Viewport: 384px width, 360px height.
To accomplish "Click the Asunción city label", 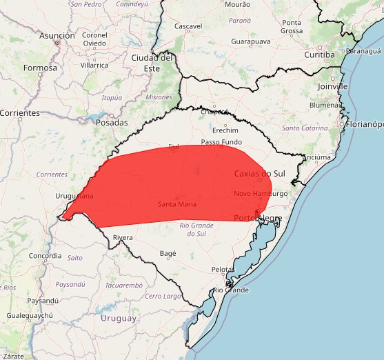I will (57, 35).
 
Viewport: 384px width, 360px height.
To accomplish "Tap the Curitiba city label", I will (319, 54).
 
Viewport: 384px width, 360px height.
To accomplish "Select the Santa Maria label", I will (177, 204).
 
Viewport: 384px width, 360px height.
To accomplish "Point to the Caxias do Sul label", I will (259, 173).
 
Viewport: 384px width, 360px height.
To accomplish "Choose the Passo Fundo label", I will (221, 142).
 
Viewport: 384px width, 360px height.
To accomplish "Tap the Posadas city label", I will (112, 122).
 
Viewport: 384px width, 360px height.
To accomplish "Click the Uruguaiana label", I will (74, 197).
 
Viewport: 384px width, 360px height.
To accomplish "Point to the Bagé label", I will (168, 253).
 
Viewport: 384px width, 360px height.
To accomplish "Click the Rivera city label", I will (123, 238).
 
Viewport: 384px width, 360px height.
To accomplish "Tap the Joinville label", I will (333, 87).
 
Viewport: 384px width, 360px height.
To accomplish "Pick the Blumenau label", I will (327, 106).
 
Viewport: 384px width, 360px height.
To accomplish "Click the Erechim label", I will (225, 130).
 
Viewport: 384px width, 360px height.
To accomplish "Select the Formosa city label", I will (40, 68).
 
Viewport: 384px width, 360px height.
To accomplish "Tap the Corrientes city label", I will (20, 112).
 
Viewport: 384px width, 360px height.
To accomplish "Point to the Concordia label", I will (46, 255).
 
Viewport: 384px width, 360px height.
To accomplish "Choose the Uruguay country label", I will (119, 318).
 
